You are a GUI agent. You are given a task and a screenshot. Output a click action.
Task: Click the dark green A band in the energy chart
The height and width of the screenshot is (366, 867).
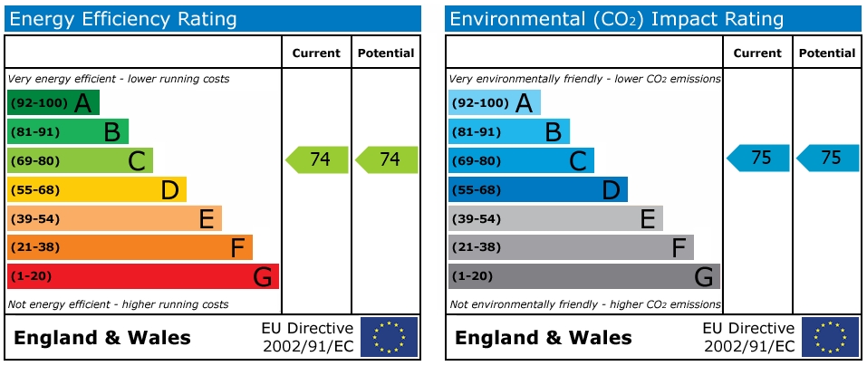53,102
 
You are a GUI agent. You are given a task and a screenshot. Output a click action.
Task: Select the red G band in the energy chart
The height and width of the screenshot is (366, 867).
142,276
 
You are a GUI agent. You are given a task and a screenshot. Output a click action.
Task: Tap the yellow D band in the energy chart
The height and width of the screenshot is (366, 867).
96,189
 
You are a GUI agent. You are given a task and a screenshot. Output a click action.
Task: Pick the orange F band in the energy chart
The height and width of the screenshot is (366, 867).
130,247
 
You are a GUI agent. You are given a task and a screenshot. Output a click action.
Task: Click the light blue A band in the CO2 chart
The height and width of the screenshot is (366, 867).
494,102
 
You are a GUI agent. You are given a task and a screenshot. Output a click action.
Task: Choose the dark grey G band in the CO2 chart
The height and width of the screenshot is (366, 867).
583,276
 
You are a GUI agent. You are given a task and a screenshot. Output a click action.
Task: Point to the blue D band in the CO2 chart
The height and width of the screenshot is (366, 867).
537,189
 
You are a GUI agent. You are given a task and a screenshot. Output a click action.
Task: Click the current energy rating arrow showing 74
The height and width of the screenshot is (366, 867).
318,159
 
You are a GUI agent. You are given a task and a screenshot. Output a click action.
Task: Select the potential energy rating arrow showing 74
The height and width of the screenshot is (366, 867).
388,159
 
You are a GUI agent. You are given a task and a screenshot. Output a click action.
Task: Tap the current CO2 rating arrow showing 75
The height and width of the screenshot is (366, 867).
759,158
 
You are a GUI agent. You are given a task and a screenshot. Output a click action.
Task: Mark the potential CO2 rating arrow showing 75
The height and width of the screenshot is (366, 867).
829,158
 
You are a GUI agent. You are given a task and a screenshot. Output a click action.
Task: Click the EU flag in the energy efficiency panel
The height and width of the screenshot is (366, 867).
389,337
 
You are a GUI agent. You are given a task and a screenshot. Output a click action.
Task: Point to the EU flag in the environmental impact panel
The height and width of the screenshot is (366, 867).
830,337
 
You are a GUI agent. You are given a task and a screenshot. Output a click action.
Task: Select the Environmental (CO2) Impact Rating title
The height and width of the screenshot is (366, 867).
616,19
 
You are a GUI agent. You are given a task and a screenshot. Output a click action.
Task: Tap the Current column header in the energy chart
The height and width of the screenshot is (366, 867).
316,53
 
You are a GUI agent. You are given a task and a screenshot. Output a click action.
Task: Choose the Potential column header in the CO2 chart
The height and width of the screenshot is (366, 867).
826,53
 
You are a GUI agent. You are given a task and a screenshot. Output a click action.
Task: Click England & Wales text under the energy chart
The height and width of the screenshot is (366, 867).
102,339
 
